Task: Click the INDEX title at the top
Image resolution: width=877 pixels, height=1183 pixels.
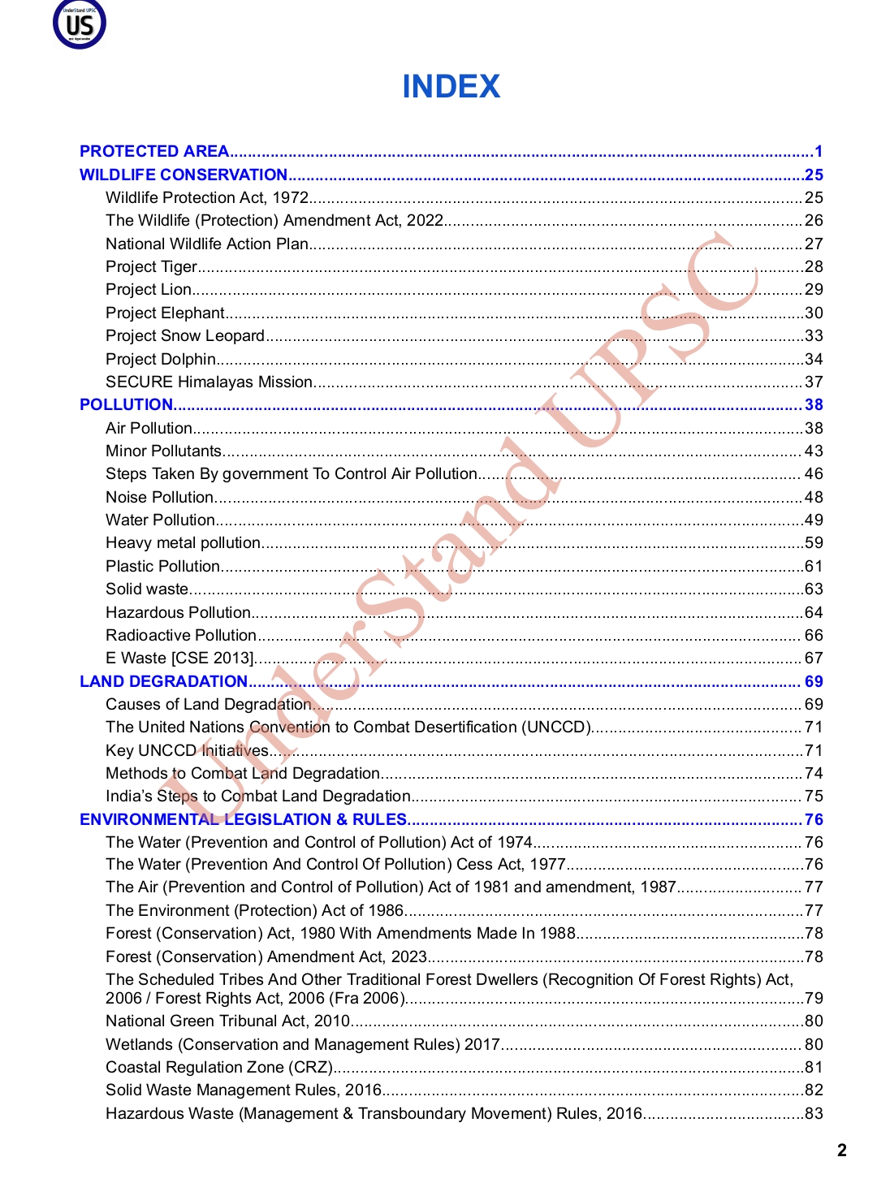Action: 451,87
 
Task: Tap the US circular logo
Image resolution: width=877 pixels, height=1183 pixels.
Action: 80,24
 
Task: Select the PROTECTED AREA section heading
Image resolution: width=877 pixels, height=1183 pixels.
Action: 154,151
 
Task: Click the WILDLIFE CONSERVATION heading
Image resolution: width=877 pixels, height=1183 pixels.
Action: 184,175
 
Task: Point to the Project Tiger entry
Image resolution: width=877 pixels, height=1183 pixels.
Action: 152,266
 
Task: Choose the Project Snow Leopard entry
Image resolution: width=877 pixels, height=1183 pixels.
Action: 185,335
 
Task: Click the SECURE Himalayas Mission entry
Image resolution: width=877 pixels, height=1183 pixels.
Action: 209,382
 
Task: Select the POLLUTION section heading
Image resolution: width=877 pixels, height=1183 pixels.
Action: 127,404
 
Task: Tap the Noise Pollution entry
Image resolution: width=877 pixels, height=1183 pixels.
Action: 160,497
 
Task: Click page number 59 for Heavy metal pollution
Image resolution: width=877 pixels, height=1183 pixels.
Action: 814,542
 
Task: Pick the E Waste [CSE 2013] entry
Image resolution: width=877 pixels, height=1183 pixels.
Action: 179,658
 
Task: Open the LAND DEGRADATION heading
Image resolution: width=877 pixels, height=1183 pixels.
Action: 163,681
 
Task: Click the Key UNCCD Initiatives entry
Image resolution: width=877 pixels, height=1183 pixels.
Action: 187,750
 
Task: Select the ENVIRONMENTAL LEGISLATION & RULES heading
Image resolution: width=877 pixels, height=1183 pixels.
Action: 243,819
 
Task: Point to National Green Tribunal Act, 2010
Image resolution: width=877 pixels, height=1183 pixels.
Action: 227,1021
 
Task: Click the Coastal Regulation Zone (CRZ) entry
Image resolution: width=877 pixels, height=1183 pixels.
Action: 219,1067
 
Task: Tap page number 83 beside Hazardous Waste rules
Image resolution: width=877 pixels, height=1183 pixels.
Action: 814,1113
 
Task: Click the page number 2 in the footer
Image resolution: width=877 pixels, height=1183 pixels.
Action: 842,1150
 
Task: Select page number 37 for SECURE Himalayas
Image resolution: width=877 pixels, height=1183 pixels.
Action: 814,382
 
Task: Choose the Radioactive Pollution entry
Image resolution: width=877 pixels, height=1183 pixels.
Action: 181,635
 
